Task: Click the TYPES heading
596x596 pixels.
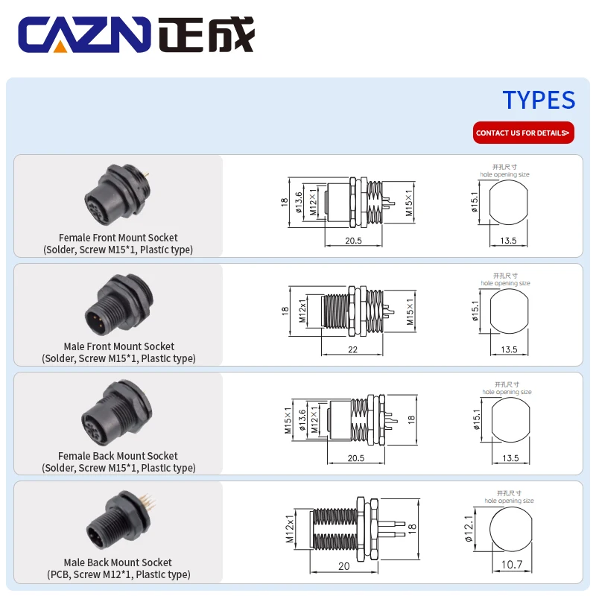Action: click(538, 100)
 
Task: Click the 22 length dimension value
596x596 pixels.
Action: click(352, 349)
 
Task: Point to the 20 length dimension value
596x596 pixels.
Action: click(343, 566)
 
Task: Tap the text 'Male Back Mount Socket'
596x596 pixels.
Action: click(118, 562)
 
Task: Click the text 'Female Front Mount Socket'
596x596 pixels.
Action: click(118, 238)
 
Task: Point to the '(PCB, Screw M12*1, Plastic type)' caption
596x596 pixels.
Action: click(118, 574)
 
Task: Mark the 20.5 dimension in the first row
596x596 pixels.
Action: click(353, 241)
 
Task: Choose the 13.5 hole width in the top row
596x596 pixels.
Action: click(509, 241)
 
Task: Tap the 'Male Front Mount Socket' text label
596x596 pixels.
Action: click(119, 346)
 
